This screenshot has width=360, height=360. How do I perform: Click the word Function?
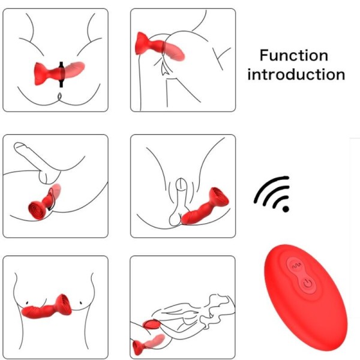tap(293, 56)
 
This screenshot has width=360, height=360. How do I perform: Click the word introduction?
tap(296, 75)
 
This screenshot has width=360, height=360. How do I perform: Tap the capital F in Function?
tap(264, 56)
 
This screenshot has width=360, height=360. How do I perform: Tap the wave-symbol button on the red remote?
tap(295, 263)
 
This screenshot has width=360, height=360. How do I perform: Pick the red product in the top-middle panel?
tap(158, 47)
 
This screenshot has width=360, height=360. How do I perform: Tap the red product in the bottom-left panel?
tap(47, 308)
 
